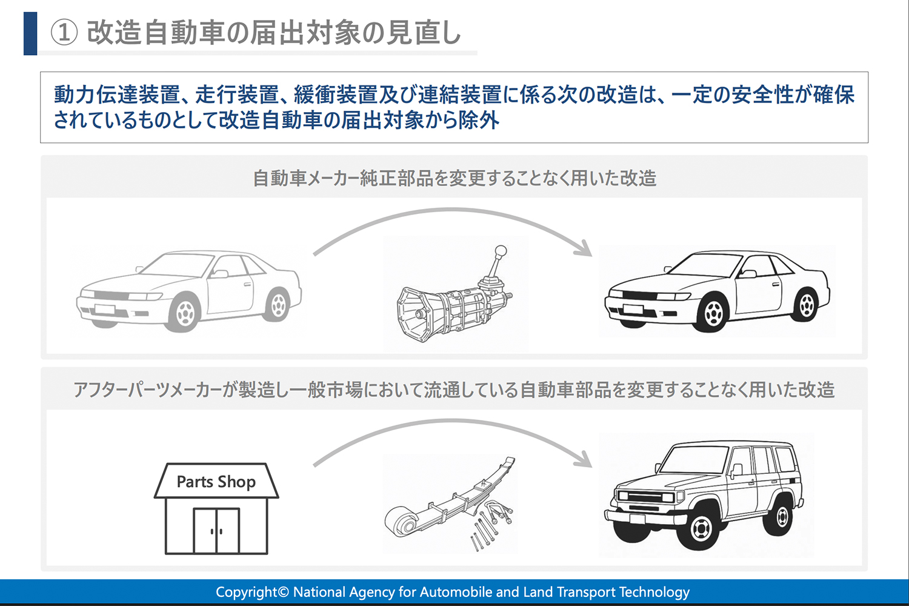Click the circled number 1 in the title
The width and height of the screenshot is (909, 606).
pos(64,32)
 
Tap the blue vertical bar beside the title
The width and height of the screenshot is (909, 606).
pos(30,33)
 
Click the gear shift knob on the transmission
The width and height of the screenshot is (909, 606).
pos(501,251)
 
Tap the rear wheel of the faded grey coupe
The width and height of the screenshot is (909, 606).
pos(278,304)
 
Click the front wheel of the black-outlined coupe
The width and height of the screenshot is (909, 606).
pos(713,312)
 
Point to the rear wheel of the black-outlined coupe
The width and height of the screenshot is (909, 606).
pos(806,304)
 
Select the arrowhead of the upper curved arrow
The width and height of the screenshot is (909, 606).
pos(584,249)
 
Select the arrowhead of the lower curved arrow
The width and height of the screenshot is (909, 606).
pos(584,459)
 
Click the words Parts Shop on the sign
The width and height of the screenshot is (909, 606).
pos(216,482)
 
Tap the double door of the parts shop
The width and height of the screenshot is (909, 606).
pos(216,531)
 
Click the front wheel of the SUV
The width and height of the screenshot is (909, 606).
pos(702,528)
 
